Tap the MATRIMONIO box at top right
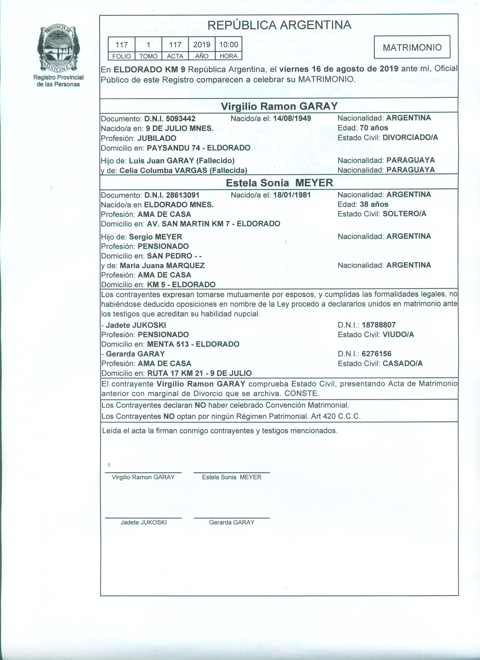coord(412,47)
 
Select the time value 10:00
coord(229,45)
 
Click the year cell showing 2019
coord(202,45)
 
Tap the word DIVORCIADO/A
coord(410,137)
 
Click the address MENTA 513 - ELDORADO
coord(193,344)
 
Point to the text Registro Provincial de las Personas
coord(58,81)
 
